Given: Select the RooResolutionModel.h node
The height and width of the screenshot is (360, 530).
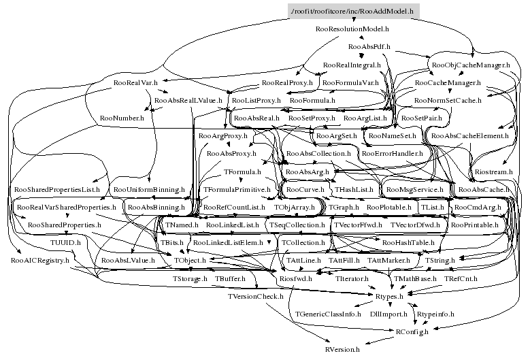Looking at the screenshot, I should (352, 29).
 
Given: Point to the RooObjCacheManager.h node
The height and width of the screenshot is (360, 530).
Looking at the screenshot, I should (471, 65).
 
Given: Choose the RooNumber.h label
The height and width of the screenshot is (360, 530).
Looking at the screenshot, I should (122, 118).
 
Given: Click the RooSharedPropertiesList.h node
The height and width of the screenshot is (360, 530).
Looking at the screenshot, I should (57, 189).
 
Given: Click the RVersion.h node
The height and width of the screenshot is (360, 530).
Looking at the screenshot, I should (348, 348).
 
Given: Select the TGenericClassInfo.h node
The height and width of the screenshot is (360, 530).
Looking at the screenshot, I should (328, 314).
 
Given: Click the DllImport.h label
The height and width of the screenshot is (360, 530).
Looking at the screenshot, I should (386, 314).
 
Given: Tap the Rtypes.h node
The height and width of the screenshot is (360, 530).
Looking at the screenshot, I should (390, 297).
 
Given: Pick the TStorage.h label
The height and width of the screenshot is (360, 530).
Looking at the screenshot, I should (190, 279).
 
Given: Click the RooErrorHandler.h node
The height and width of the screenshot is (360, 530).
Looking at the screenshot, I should (391, 154).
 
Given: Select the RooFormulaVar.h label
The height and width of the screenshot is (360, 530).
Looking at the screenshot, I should (350, 83).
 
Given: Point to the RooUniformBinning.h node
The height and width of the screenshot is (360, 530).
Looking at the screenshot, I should (149, 189).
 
